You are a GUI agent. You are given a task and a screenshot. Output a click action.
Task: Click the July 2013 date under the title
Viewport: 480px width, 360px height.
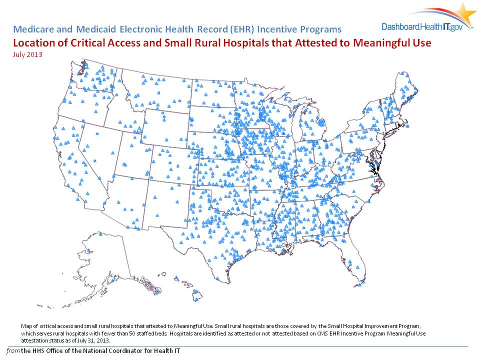[27, 54]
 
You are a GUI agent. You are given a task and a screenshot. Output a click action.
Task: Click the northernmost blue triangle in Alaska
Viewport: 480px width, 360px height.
[100, 233]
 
